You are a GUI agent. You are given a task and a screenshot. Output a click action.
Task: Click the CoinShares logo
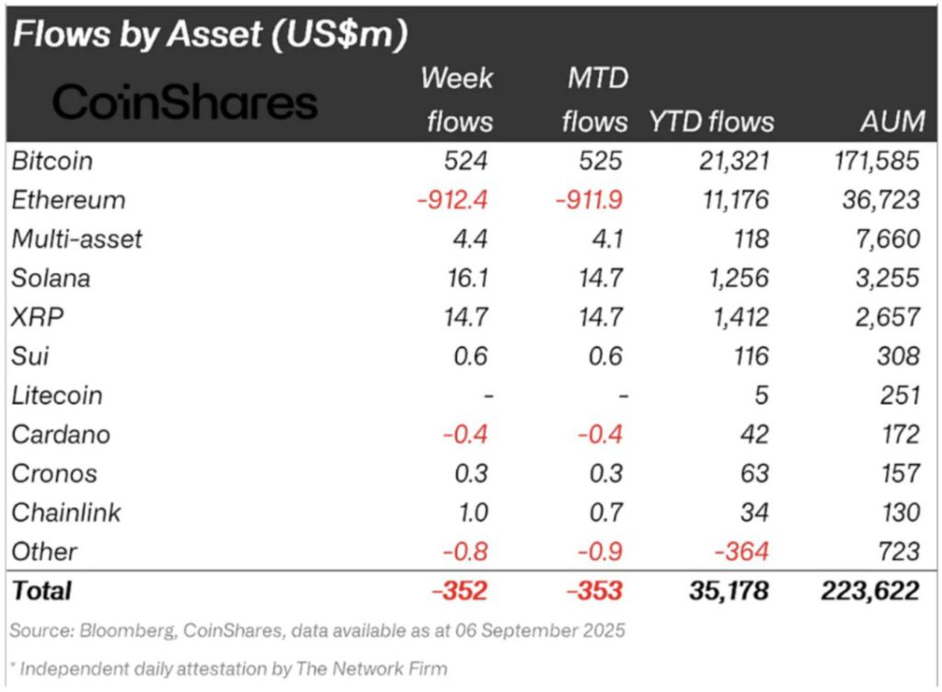coord(184,102)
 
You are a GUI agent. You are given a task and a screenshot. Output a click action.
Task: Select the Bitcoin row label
coord(52,161)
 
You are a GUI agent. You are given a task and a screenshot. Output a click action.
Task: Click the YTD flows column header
coord(711,121)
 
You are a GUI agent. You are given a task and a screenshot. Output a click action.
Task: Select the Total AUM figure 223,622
coord(870,591)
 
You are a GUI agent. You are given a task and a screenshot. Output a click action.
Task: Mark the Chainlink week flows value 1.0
coord(469,513)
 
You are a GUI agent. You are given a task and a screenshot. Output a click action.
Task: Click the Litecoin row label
coord(57,396)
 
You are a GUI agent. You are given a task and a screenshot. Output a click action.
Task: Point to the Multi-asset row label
coord(77,239)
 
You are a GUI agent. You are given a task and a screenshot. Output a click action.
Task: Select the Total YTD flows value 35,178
coord(729,591)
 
